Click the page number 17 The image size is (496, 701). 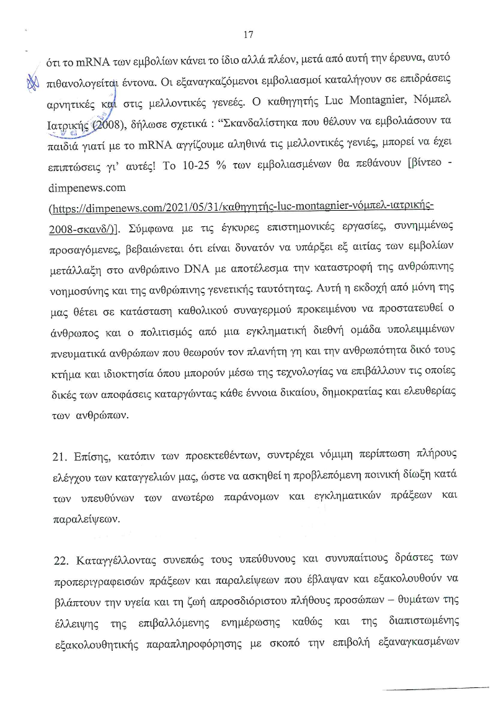click(x=250, y=35)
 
